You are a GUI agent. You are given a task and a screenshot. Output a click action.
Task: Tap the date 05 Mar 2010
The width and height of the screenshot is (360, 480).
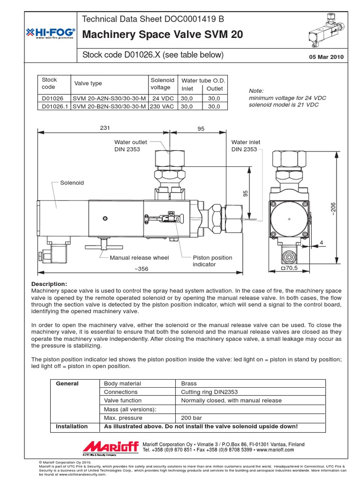[326, 57]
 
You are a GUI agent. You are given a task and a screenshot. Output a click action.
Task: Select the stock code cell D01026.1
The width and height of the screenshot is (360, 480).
[52, 106]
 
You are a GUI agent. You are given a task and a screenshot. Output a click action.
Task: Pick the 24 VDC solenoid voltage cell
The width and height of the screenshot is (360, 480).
[162, 98]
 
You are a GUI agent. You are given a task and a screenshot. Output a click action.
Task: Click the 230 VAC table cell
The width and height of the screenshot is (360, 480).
[162, 106]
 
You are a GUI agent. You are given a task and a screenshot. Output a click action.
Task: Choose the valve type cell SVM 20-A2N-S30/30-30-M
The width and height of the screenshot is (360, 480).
[109, 98]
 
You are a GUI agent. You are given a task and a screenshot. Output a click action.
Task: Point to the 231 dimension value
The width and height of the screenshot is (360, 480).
[105, 128]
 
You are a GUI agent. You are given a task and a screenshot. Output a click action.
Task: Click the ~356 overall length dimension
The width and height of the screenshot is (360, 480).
[142, 269]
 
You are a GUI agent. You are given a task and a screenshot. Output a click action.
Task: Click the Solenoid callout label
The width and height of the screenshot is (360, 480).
[72, 182]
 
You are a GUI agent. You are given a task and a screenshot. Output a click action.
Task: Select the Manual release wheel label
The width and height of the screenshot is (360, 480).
[139, 257]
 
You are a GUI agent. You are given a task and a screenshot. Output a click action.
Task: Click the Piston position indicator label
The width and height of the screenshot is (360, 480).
[212, 261]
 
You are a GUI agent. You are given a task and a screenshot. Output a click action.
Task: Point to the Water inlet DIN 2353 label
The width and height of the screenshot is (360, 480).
[246, 146]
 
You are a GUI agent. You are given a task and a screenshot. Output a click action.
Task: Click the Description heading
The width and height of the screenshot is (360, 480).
[49, 284]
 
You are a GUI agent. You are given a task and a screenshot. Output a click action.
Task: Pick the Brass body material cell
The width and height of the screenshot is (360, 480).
[189, 383]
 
